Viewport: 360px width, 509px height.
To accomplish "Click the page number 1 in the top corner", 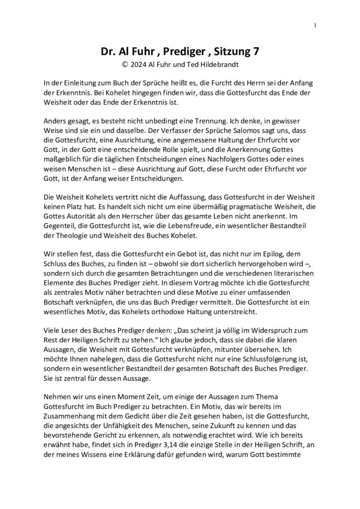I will coord(315,25).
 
